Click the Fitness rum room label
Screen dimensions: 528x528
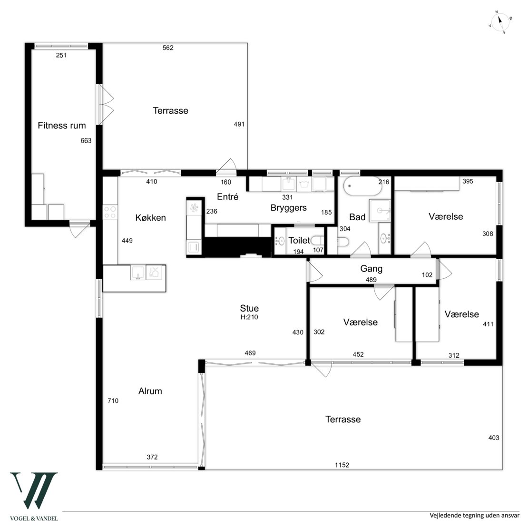62,126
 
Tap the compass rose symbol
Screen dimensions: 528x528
500,22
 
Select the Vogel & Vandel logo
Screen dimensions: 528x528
34,496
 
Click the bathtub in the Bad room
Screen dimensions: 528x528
362,186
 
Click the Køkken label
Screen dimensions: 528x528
150,218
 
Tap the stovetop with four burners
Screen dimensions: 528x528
110,213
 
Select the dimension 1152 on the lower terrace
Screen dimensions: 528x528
342,465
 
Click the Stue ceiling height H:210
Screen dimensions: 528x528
249,317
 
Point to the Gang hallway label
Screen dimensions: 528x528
371,269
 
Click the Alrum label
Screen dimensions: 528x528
150,391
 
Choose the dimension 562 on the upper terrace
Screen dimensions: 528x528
168,48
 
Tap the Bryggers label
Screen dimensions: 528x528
289,208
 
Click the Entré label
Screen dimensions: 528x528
228,196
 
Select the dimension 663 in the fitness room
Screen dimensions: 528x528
86,141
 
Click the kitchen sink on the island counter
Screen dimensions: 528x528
138,273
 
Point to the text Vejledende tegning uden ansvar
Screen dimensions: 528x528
474,516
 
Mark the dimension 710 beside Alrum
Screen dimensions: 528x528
113,401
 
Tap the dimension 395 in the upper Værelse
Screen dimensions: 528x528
468,181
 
